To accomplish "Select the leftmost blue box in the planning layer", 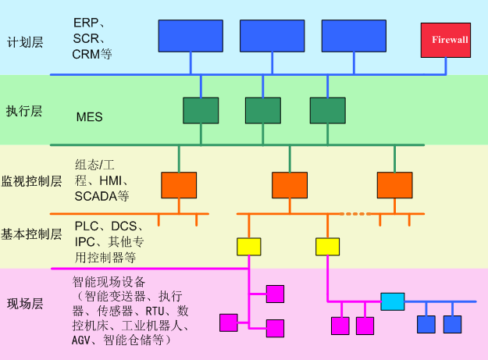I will (x=191, y=35).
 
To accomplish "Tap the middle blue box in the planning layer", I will (x=272, y=35).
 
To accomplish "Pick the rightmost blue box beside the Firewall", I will (x=353, y=35).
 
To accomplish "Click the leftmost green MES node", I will (x=201, y=110).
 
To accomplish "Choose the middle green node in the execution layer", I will (x=262, y=110).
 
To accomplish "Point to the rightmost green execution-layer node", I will (x=327, y=110).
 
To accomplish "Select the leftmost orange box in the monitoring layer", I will (x=179, y=184).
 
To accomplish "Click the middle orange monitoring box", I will (x=290, y=184).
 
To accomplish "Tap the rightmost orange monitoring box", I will (x=394, y=184).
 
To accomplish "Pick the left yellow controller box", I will (x=248, y=247).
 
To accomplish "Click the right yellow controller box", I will (x=327, y=247).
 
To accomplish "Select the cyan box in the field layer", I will (x=393, y=301).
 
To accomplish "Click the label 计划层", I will (x=23, y=41).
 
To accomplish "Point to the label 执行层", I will (x=23, y=111).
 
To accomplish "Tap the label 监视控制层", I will (x=31, y=181).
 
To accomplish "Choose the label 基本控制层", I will (x=31, y=233).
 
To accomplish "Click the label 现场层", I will (x=23, y=304).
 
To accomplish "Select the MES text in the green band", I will (x=90, y=117).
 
